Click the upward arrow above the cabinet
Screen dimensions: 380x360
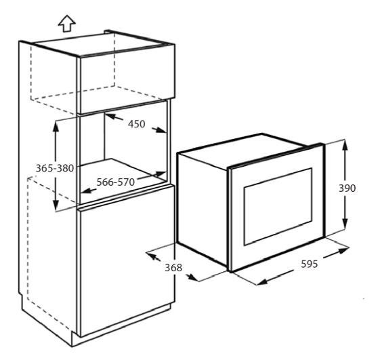point(66,24)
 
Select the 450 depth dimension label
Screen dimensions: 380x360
point(137,124)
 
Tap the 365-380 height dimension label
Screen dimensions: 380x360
point(55,168)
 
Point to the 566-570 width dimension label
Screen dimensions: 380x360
point(116,182)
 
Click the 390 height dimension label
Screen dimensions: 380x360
point(347,188)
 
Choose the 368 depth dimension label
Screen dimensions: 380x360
point(173,268)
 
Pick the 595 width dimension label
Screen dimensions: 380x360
point(310,264)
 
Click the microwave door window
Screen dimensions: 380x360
point(278,206)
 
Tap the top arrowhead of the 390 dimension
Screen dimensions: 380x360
point(345,145)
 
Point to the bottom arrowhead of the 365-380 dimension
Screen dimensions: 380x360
point(56,205)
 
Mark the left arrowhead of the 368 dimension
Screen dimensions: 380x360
point(152,256)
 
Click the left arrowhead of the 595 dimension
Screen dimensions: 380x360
point(261,281)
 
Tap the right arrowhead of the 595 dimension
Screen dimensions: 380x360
point(343,250)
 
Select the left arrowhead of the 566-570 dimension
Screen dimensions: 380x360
point(86,191)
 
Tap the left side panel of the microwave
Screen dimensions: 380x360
point(203,209)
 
